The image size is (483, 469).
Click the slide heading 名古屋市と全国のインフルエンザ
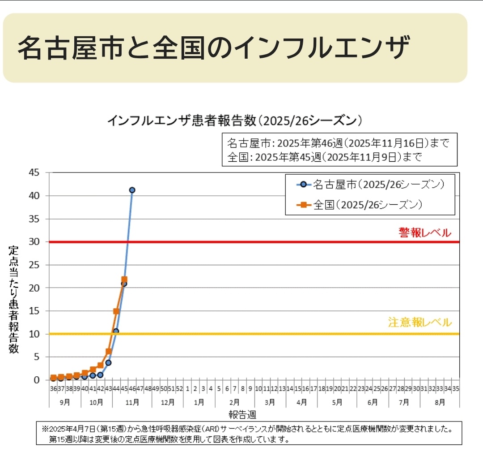213,48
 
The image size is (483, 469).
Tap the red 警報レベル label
425,233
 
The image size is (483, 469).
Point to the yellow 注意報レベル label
420,323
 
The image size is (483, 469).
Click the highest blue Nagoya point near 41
132,190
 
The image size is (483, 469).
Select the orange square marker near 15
116,311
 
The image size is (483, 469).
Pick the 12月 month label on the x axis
167,402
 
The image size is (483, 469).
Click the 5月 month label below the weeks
337,402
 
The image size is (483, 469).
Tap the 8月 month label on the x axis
440,402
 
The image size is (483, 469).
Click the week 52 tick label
179,389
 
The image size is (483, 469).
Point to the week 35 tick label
456,389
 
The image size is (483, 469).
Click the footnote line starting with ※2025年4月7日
246,429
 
